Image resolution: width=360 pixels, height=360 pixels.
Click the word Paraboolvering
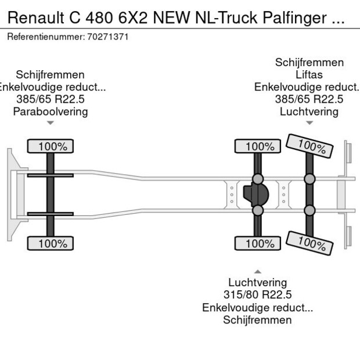click(x=51, y=111)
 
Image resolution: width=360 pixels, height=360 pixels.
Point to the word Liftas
click(x=309, y=75)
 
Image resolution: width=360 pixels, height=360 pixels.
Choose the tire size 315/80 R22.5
click(x=257, y=295)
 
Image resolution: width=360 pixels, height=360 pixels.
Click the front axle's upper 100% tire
click(x=51, y=146)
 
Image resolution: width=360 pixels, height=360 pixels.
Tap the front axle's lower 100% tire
click(x=51, y=244)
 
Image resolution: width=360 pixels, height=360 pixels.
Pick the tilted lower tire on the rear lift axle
click(x=310, y=243)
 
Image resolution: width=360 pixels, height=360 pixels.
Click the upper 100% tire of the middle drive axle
click(x=257, y=146)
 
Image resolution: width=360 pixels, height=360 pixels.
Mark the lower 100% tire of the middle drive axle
click(x=257, y=244)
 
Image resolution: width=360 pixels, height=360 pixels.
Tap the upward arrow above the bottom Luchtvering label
click(x=257, y=271)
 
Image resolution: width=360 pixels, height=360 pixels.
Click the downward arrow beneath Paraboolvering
click(x=51, y=123)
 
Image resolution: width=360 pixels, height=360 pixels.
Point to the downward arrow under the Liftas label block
click(x=309, y=123)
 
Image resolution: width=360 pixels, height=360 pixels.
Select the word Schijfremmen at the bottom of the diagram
click(x=257, y=321)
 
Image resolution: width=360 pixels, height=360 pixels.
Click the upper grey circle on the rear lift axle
click(x=310, y=179)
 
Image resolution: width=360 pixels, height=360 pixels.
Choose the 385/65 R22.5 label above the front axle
click(x=51, y=99)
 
